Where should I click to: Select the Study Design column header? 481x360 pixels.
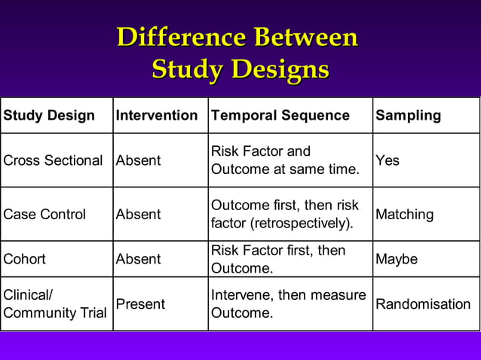point(49,115)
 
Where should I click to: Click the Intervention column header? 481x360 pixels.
point(157,115)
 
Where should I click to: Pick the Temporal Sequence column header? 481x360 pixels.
point(280,115)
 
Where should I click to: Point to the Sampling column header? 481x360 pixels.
point(408,115)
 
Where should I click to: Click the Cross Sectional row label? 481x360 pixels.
point(53,160)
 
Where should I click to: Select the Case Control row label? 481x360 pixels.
point(44,214)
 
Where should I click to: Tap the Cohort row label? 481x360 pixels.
point(25,258)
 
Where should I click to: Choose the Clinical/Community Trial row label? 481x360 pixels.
point(55,304)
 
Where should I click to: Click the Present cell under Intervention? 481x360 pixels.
point(140,304)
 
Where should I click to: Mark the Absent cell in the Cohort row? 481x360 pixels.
point(138,258)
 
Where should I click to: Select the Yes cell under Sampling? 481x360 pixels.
point(388,160)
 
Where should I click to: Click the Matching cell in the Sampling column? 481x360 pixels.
point(404,214)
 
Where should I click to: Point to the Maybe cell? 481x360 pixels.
point(397,258)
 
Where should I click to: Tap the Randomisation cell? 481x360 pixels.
point(423,304)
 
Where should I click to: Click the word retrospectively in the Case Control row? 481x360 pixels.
point(301,223)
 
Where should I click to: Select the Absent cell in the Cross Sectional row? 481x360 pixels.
point(138,160)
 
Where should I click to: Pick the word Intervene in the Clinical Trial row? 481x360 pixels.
point(240,295)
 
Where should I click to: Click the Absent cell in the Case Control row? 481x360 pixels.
point(138,214)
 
